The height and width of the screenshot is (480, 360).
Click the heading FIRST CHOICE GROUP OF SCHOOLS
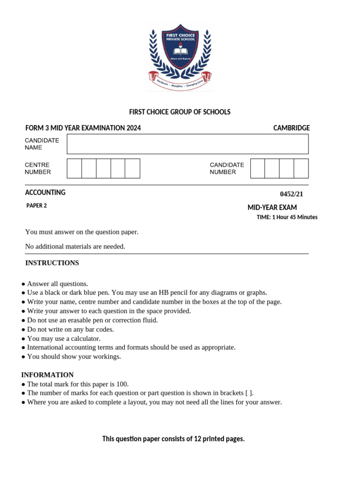180,112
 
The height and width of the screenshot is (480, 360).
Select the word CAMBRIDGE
291,128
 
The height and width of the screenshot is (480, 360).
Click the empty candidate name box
187,144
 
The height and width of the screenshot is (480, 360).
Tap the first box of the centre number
74,168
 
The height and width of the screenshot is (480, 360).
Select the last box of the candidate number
301,168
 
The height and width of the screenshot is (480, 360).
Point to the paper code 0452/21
294,194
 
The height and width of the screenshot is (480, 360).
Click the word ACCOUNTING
45,192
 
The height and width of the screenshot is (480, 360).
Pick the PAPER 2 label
37,205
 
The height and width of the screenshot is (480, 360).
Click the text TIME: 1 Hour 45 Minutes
287,217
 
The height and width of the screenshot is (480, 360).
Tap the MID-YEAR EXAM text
272,208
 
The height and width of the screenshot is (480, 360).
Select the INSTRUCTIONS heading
52,263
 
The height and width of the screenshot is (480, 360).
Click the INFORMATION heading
47,375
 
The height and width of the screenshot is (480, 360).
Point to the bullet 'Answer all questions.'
57,284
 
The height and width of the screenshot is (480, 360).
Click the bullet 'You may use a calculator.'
64,338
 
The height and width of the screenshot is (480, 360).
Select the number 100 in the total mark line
122,384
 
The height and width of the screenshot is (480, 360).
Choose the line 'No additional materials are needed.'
75,247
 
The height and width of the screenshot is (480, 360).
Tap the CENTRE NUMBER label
37,168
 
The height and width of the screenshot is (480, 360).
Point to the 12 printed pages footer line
173,439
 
